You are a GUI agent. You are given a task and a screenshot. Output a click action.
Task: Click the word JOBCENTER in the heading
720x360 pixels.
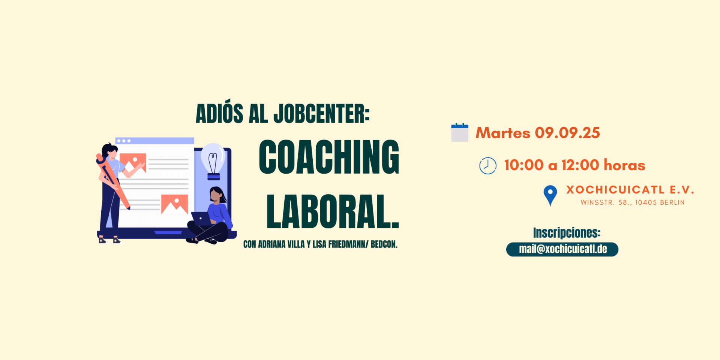321,114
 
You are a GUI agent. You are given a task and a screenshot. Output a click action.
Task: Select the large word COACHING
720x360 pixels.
329,157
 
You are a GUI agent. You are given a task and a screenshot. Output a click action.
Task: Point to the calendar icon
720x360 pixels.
460,132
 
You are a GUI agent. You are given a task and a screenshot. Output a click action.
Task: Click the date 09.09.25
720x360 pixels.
567,133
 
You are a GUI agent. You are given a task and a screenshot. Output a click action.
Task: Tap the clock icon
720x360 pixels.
488,165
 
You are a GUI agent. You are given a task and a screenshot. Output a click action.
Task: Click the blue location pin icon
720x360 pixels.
550,195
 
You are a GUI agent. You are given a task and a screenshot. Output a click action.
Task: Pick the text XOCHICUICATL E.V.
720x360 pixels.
630,190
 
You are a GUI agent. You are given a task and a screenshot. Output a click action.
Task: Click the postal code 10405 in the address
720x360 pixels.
646,202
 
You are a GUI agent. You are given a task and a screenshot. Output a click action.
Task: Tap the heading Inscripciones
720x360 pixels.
567,233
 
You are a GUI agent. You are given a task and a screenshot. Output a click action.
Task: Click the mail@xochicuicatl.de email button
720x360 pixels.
562,249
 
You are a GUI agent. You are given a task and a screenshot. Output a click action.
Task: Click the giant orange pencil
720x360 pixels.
112,180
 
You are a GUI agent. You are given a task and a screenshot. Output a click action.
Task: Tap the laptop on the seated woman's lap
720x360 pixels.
202,219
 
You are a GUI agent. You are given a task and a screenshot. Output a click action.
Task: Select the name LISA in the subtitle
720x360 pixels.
319,244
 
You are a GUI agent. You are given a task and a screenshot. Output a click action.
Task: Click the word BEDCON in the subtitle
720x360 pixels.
384,244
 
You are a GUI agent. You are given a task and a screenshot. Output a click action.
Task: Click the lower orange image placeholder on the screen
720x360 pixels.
174,204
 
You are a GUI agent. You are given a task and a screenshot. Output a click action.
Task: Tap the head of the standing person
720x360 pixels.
110,151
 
